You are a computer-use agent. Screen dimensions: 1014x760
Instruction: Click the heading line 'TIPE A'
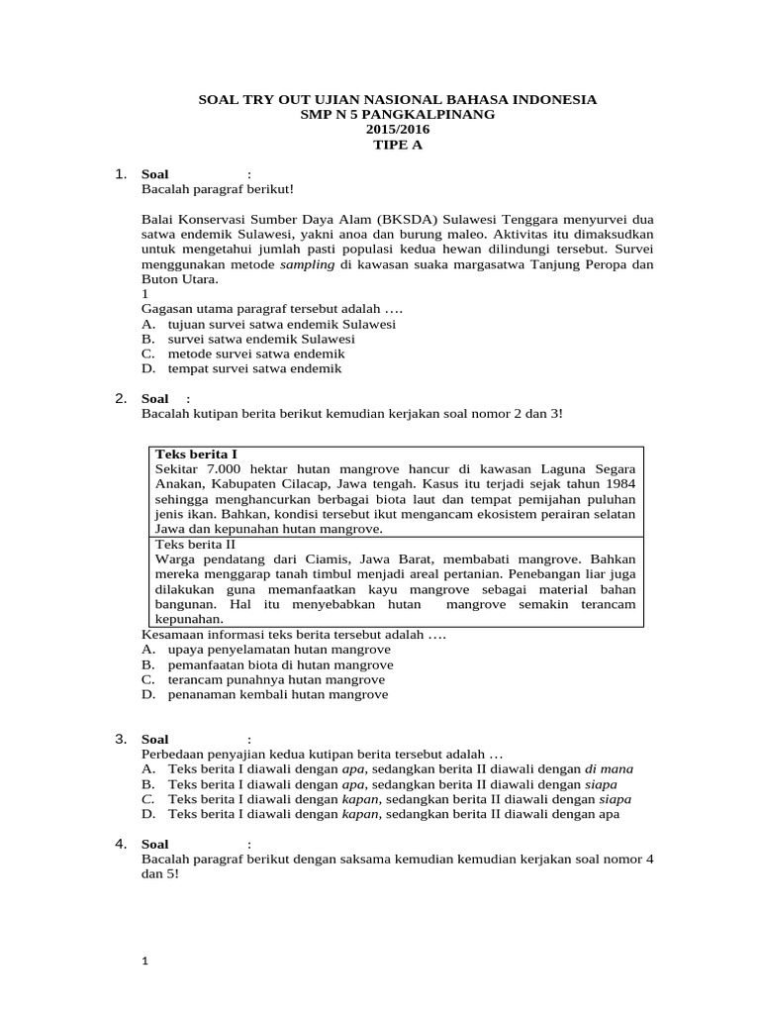pos(382,145)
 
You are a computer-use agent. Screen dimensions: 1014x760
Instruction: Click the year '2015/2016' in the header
pos(382,130)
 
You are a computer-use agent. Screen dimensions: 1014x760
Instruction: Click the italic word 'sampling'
pos(308,265)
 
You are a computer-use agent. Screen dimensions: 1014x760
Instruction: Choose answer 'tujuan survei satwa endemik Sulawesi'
pos(282,324)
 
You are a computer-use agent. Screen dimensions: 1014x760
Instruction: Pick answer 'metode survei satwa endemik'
pos(256,354)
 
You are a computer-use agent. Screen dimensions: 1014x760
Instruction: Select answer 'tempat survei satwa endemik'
pos(254,368)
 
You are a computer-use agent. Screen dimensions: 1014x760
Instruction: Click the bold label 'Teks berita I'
pos(196,454)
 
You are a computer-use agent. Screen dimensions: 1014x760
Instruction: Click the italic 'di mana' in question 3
pos(609,768)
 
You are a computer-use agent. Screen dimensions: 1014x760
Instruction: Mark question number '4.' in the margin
pos(121,844)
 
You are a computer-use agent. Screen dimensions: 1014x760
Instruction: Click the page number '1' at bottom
pos(145,961)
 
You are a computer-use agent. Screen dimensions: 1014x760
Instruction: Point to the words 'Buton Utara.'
pos(177,280)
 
